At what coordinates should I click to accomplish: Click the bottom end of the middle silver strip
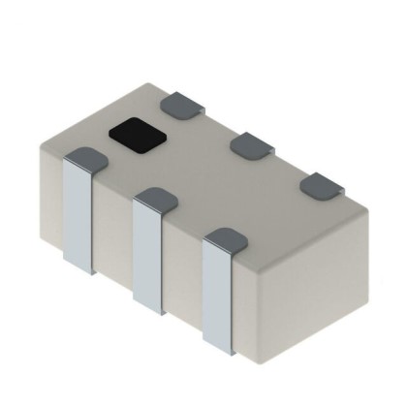147,308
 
